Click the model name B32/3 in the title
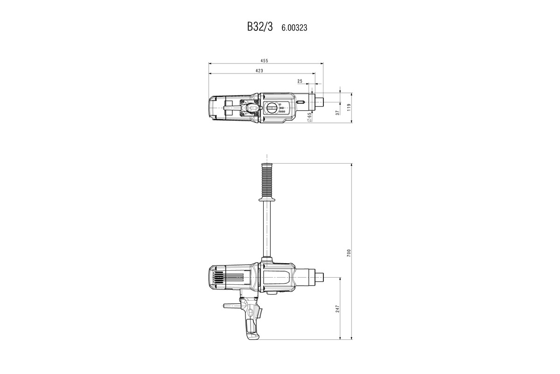pos(259,27)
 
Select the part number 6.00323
pos(294,28)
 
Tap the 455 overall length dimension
pos(264,60)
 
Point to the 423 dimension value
pos(259,71)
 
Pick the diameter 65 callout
pos(309,117)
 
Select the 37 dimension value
pos(337,113)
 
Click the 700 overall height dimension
pos(349,252)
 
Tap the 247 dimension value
pos(337,309)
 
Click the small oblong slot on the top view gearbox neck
pos(301,101)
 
